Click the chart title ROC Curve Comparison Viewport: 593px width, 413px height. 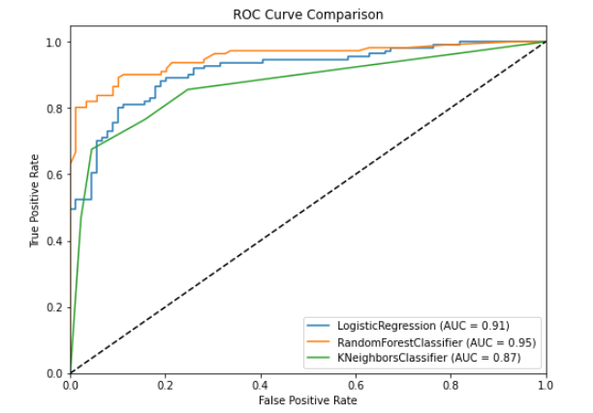[308, 15]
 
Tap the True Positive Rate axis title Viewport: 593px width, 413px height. [35, 206]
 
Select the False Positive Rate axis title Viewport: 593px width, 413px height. [308, 400]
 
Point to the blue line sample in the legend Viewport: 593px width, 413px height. [320, 325]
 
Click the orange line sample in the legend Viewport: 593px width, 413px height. [320, 341]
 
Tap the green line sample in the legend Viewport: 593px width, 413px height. [320, 359]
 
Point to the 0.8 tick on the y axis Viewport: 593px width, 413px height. [55, 109]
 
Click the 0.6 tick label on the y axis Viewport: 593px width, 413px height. [55, 175]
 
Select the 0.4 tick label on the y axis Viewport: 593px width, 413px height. [55, 240]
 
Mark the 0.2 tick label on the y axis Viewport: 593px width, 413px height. [55, 306]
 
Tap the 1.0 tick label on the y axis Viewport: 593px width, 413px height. [55, 43]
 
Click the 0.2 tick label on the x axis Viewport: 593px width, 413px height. [166, 385]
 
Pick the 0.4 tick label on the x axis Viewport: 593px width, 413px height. [261, 385]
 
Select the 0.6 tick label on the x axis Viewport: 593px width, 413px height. [356, 385]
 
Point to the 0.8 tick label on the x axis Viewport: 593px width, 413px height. [451, 385]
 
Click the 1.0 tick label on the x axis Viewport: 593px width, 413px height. [546, 385]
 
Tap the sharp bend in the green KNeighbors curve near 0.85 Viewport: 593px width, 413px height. [188, 89]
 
